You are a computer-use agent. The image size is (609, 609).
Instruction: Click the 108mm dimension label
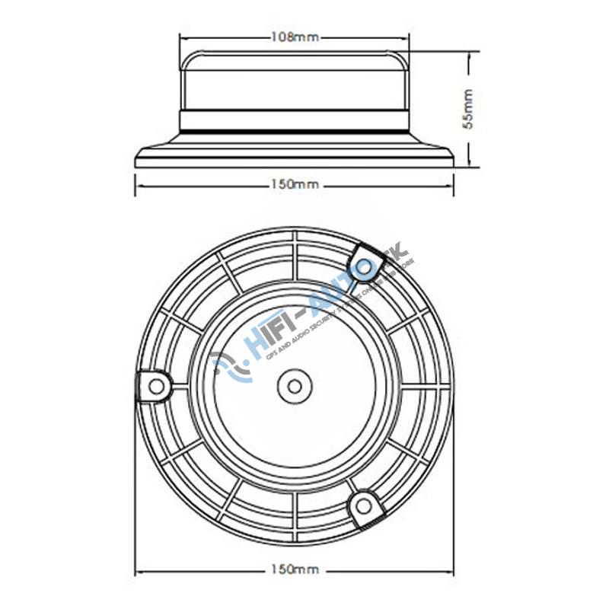[x=294, y=37]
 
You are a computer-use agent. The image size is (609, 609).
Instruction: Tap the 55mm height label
[x=469, y=109]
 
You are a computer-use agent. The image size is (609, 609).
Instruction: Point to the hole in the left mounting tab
[x=156, y=386]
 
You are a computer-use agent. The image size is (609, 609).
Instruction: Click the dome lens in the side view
[x=294, y=80]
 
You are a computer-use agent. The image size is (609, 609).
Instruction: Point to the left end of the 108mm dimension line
[x=180, y=37]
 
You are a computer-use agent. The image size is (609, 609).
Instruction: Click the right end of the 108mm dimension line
[x=408, y=37]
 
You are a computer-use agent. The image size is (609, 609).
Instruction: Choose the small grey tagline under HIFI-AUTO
[x=335, y=320]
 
